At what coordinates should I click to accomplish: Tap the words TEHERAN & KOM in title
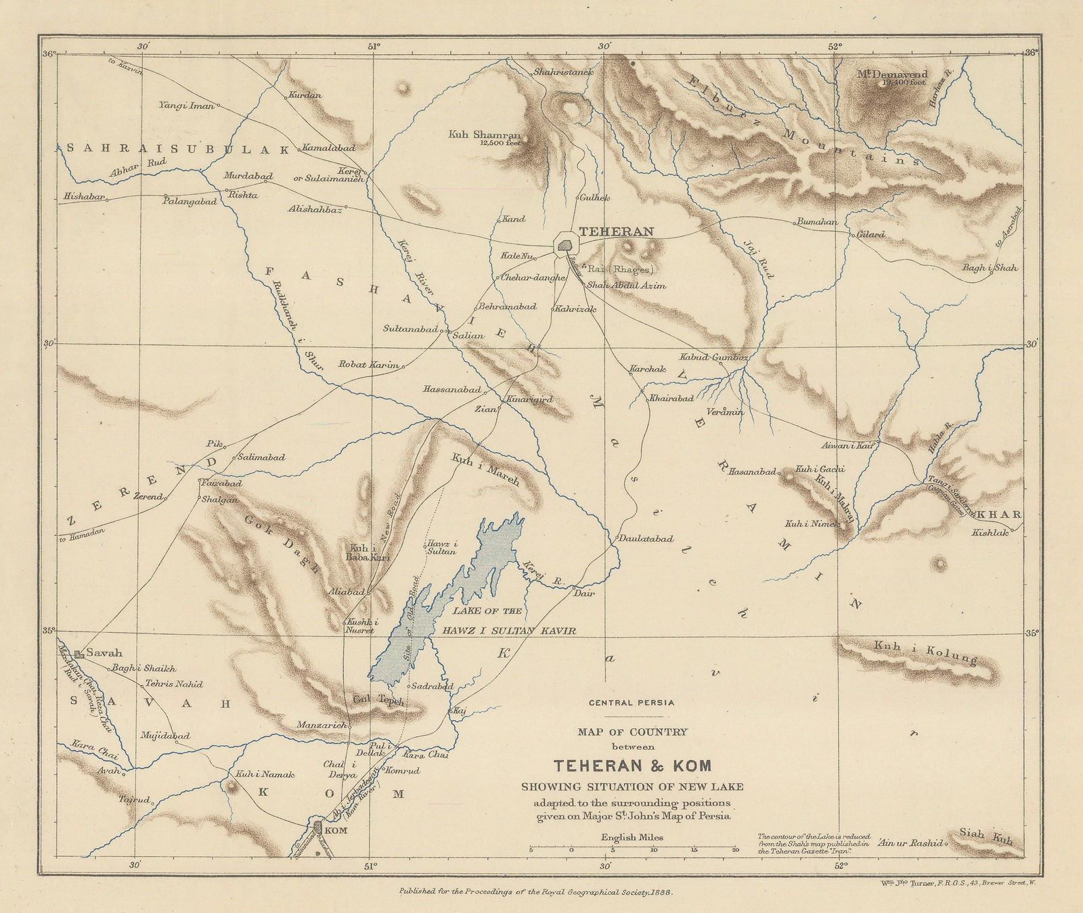633,767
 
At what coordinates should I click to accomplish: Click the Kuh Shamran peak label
483,135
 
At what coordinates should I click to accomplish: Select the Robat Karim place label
369,364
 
